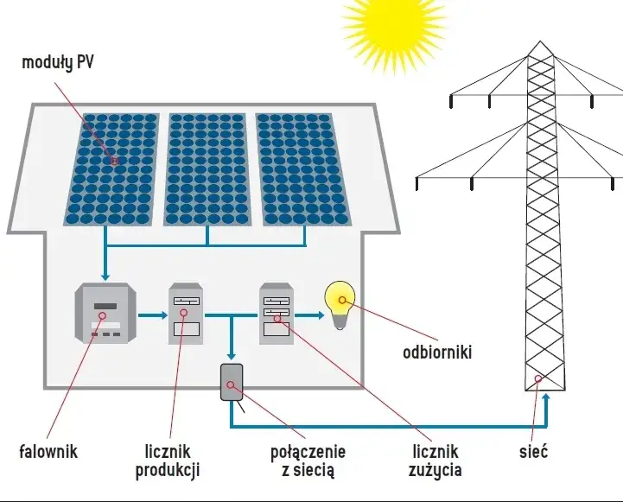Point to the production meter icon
(x=185, y=314)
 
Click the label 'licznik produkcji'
(x=168, y=461)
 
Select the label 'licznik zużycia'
(x=435, y=461)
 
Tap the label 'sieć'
(x=533, y=451)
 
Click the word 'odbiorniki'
(x=437, y=353)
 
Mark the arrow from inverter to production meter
(x=152, y=316)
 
